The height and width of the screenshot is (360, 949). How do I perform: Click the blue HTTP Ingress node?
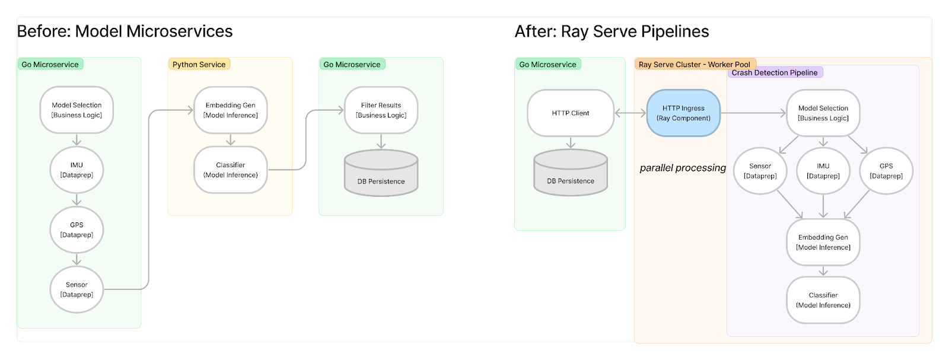[683, 113]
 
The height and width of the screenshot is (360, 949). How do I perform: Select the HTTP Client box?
[570, 113]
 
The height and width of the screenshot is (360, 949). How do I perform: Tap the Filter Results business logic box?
[381, 110]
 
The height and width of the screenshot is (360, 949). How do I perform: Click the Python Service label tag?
[199, 64]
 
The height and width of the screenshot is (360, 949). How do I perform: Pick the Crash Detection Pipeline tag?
[774, 72]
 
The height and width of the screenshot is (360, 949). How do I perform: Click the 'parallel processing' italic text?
[682, 168]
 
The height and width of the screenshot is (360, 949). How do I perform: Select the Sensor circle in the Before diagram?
[77, 289]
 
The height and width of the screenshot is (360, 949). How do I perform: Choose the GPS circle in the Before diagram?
[77, 230]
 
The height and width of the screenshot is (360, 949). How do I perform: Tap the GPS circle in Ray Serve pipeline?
[886, 171]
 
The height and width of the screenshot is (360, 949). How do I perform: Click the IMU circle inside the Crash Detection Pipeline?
[823, 171]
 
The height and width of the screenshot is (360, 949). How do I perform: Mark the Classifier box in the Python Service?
[230, 170]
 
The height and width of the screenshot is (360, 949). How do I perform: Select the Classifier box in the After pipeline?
[823, 300]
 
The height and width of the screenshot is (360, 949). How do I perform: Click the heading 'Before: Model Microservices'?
[125, 31]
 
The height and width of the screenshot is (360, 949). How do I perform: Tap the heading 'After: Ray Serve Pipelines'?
[612, 31]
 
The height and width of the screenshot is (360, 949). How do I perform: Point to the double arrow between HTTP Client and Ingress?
[630, 113]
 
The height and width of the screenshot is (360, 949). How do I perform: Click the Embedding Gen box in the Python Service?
[230, 110]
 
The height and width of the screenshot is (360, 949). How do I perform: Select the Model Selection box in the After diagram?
[823, 113]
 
